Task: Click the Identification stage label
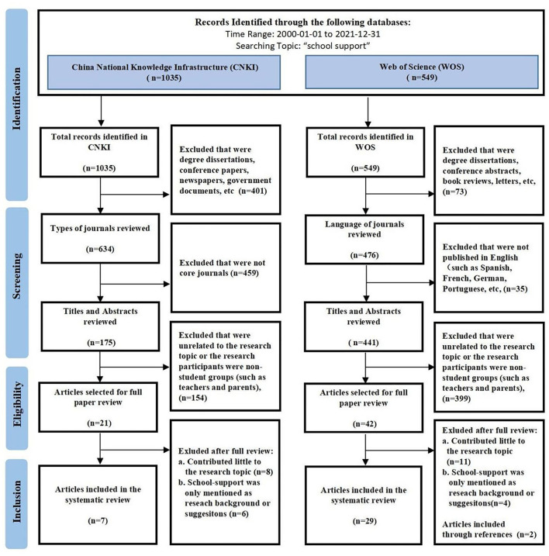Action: click(x=16, y=99)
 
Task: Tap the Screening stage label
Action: click(x=16, y=276)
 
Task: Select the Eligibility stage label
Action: click(x=17, y=404)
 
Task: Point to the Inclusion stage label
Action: click(x=16, y=502)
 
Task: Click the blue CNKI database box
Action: click(x=164, y=72)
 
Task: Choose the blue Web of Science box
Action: click(x=422, y=72)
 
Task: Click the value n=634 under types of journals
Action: click(x=100, y=249)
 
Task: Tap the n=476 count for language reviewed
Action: click(x=364, y=255)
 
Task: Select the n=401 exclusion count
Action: click(x=253, y=191)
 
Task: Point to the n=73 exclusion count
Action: click(x=454, y=192)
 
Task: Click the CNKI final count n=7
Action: click(x=98, y=520)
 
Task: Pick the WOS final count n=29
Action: click(x=364, y=521)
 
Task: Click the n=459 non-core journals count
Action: click(x=244, y=273)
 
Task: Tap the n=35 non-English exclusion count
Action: click(x=516, y=288)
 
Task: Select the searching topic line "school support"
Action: click(x=303, y=46)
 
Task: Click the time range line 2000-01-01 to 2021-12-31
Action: click(x=303, y=34)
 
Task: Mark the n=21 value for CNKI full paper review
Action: click(x=99, y=423)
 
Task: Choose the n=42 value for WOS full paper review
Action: click(x=364, y=423)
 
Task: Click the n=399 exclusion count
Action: click(x=457, y=399)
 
